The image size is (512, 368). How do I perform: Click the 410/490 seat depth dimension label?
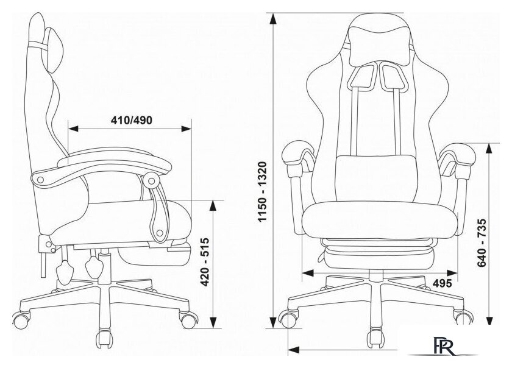[132, 120]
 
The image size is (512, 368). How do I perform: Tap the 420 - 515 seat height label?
[204, 262]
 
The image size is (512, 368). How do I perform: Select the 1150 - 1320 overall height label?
[262, 192]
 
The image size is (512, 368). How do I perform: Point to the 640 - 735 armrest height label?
[482, 243]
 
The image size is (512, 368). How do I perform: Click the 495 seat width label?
[442, 283]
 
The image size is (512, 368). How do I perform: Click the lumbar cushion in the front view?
[377, 179]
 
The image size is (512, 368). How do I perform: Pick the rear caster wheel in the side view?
[21, 320]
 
